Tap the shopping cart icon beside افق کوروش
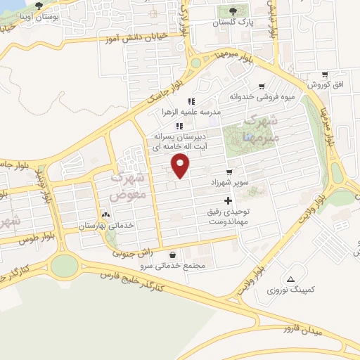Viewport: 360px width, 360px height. pyautogui.click(x=324, y=75)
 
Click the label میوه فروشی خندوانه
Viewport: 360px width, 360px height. pyautogui.click(x=262, y=97)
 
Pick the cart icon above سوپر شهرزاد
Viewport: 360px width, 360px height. pyautogui.click(x=229, y=172)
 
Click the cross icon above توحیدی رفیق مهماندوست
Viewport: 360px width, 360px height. pyautogui.click(x=226, y=201)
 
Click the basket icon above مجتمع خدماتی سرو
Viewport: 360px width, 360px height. pyautogui.click(x=173, y=255)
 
